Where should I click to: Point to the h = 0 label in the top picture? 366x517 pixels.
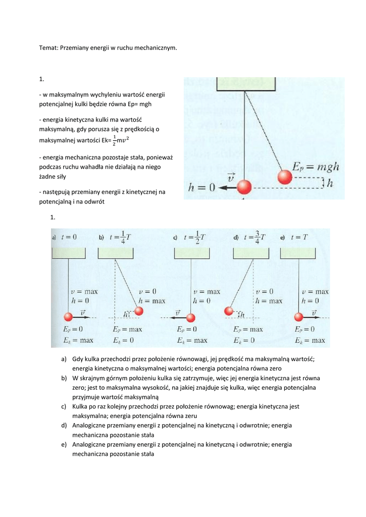coord(201,187)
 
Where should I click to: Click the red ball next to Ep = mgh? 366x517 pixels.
coord(285,177)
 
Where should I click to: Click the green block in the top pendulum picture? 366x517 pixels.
coord(246,84)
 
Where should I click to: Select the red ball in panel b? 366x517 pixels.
coord(139,311)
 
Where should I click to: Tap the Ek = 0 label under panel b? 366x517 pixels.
coord(129,340)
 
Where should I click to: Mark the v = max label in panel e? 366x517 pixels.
coord(315,291)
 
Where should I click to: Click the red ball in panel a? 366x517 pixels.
coord(69,317)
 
